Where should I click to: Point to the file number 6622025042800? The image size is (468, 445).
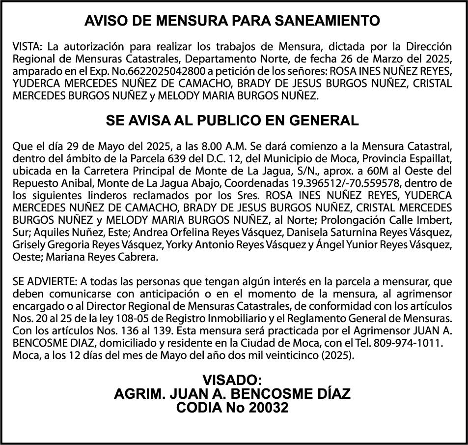pos(160,71)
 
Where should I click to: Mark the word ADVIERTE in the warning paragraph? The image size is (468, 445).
pos(51,282)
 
